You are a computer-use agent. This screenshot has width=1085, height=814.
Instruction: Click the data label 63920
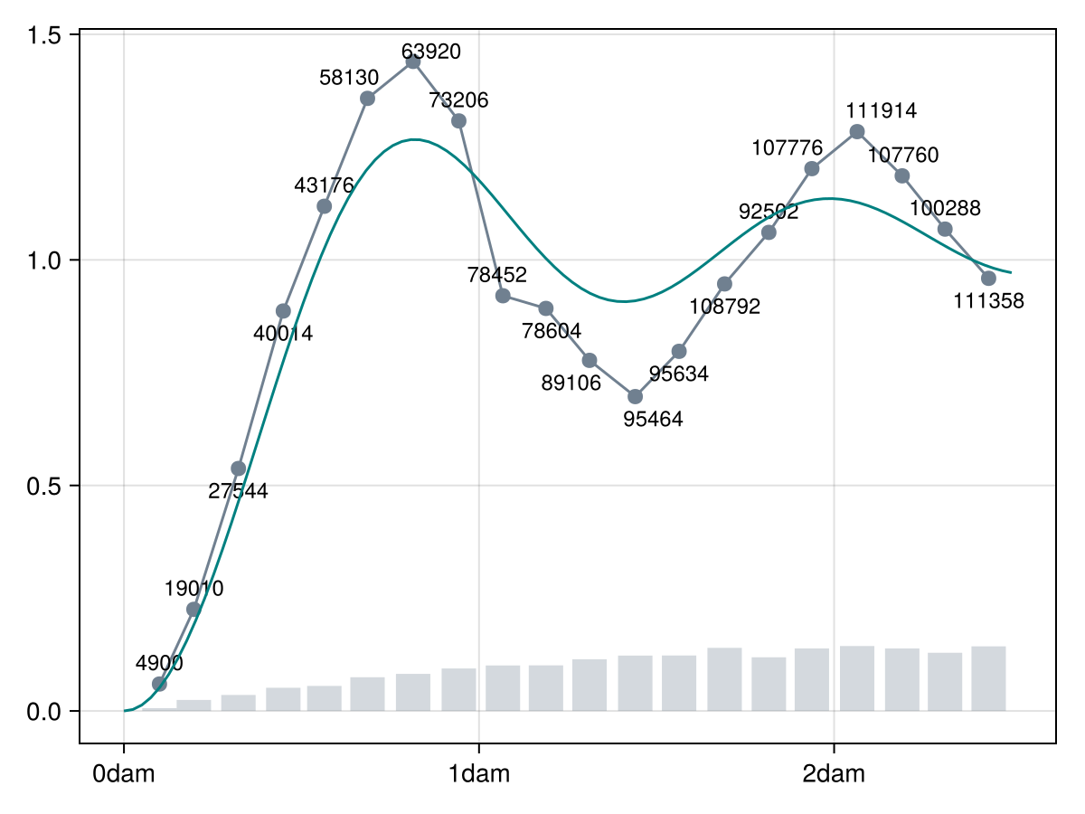coord(431,52)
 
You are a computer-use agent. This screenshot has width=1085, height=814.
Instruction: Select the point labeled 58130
coord(367,98)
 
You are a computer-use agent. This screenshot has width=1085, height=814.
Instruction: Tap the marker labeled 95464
coord(635,396)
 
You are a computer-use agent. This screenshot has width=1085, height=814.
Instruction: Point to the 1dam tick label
coord(479,774)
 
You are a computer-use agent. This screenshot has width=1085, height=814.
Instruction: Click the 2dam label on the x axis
coord(834,774)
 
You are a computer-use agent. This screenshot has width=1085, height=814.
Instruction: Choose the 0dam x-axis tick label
coord(124,774)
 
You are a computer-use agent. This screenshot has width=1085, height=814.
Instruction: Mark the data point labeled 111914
coord(857,132)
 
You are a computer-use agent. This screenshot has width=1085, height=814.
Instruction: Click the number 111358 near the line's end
coord(988,301)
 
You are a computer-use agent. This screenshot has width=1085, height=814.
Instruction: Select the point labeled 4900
coord(159,684)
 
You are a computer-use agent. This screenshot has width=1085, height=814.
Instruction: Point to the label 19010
coord(193,589)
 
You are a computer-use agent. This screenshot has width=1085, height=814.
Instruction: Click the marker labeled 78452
coord(504,296)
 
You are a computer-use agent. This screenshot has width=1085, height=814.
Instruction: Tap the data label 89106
coord(571,383)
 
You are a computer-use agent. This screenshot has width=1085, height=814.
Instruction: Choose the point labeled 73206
coord(458,121)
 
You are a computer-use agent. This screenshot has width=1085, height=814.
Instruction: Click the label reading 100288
coord(944,208)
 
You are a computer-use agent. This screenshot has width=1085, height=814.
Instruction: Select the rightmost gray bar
coord(988,678)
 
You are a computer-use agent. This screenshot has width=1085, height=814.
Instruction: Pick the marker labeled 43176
coord(324,206)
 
